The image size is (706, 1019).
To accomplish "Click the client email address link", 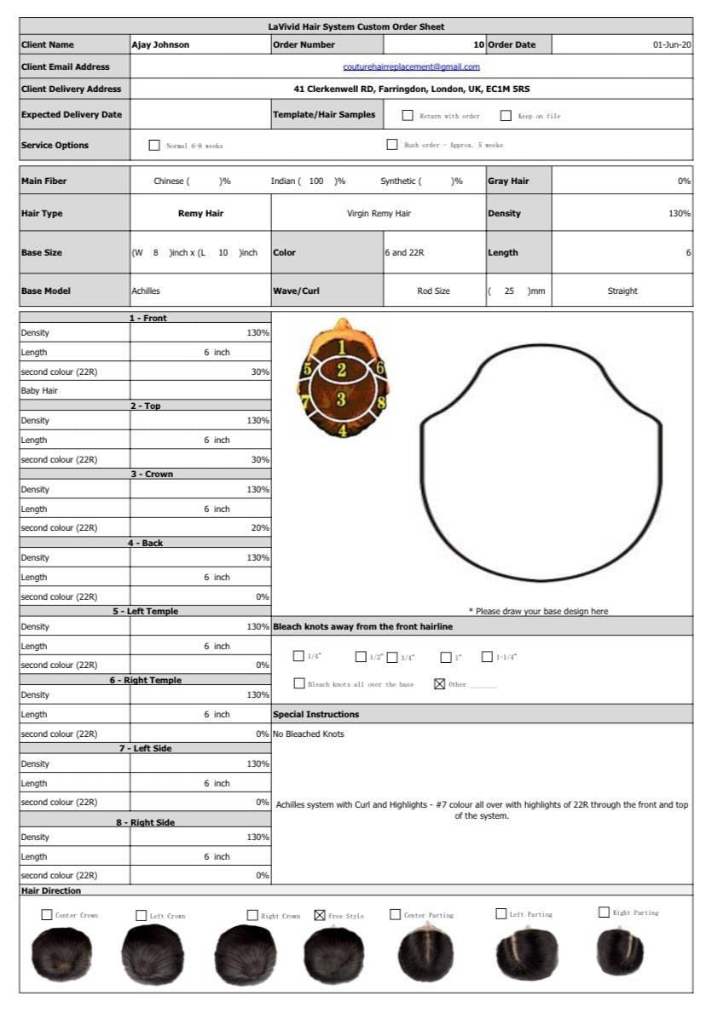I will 411,66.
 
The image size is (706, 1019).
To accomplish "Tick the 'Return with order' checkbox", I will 408,115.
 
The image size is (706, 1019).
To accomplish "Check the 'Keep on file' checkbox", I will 506,115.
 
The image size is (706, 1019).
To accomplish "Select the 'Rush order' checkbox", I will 392,145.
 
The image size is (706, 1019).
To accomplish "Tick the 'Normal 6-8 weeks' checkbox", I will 154,145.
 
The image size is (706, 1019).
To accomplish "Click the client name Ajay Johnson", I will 160,44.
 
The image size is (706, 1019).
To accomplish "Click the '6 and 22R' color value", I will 403,252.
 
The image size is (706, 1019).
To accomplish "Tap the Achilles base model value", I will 146,291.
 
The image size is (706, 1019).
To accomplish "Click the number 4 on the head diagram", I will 342,430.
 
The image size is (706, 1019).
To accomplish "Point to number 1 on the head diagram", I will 341,346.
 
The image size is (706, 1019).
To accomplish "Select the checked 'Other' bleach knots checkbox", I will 440,683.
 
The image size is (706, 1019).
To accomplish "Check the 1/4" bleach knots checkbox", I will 298,656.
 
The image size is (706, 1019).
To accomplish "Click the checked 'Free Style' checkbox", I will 320,915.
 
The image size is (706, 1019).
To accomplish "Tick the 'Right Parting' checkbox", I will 604,912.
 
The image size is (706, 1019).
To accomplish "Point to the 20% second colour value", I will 259,528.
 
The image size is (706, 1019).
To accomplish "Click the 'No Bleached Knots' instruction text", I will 309,734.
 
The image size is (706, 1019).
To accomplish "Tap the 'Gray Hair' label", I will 508,181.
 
